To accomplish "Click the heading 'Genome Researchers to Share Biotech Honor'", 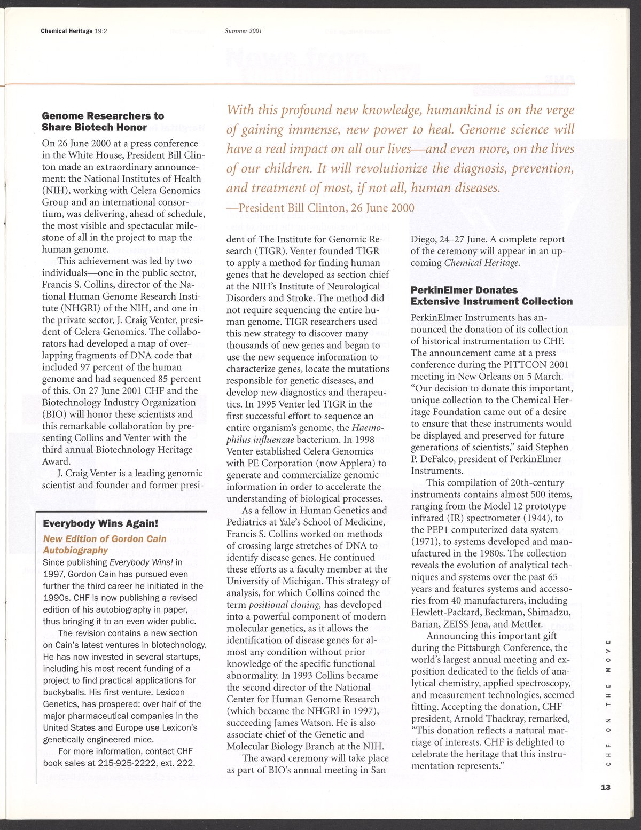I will point(103,121).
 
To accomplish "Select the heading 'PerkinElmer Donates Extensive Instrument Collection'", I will point(491,295).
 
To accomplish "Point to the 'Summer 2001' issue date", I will point(243,31).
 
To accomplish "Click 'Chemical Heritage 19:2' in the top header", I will point(74,31).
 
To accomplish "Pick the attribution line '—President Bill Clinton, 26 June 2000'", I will point(320,207).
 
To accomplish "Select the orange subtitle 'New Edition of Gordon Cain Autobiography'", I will point(105,544).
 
